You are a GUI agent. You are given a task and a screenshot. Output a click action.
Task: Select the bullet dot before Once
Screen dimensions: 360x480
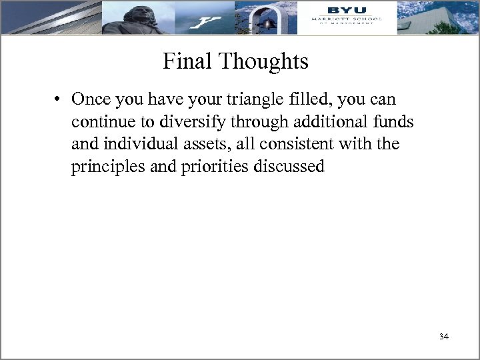59,100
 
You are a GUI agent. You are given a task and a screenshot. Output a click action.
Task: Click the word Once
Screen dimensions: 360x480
92,100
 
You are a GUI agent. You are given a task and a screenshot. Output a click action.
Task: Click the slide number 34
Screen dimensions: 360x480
444,337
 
